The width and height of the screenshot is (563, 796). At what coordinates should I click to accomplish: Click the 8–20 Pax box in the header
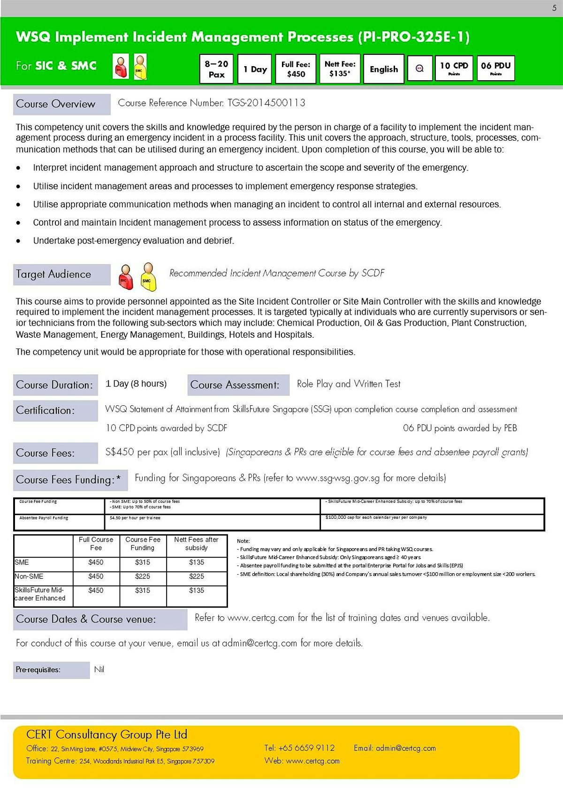pos(216,69)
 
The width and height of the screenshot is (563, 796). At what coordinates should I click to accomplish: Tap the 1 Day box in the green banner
pos(255,69)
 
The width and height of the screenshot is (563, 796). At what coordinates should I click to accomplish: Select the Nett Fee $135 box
pos(340,69)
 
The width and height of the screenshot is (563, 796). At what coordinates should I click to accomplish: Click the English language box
pos(383,69)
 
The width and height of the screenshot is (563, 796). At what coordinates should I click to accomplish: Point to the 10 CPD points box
pos(454,68)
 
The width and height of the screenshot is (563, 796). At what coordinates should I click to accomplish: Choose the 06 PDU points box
pos(495,68)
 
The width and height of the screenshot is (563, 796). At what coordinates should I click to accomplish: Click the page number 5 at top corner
pos(554,8)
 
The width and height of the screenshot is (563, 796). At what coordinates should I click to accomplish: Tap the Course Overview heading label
pos(56,104)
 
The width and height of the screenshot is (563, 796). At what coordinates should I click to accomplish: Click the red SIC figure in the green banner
pos(121,66)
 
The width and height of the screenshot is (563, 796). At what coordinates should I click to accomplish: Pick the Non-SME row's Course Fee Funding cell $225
pos(143,576)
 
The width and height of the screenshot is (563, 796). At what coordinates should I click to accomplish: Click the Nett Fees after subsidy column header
pos(196,544)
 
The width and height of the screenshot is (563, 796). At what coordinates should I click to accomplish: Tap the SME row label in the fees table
pos(22,562)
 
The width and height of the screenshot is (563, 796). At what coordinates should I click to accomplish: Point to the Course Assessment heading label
pos(235,385)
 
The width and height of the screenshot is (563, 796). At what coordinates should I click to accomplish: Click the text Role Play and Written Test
pos(349,384)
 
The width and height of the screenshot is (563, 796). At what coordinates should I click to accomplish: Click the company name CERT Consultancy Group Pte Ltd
pos(107,735)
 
